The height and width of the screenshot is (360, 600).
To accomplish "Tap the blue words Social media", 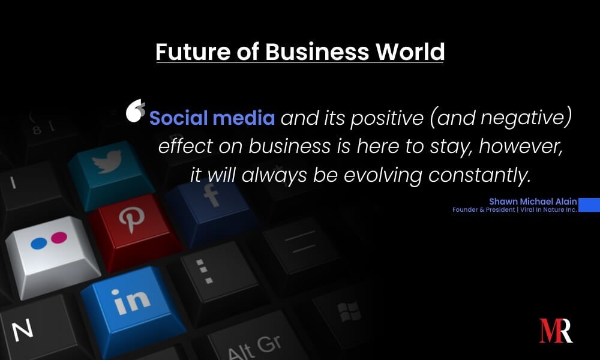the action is click(212, 118).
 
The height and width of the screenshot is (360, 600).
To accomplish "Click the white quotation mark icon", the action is click(136, 110).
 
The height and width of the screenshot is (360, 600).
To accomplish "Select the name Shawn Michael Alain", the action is click(533, 202).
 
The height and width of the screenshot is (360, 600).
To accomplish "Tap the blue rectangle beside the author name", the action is click(589, 205).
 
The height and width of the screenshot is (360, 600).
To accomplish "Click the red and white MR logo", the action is click(556, 331).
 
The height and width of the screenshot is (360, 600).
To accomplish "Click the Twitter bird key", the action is click(110, 174).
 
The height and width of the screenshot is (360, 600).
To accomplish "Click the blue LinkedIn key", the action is click(132, 310).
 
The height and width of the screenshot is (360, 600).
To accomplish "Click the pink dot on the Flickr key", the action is click(59, 238).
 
